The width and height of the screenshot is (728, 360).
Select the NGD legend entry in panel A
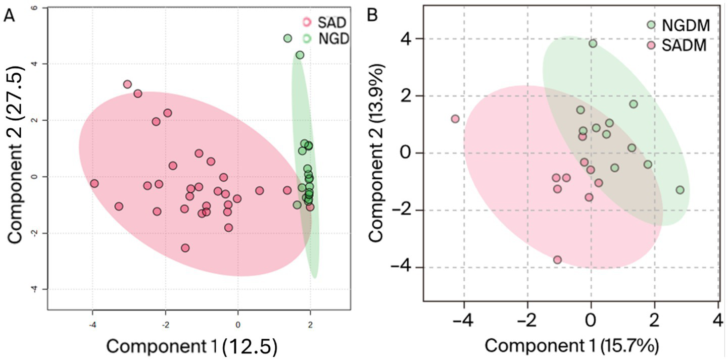click(326, 39)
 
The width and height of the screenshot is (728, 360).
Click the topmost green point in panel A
click(288, 38)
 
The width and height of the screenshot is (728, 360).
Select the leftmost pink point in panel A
click(94, 183)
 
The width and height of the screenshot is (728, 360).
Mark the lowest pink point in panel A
click(185, 248)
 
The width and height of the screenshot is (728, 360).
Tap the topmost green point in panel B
click(593, 43)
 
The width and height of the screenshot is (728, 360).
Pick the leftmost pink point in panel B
click(455, 119)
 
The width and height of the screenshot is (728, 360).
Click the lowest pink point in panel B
click(557, 260)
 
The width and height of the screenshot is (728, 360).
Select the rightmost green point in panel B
click(680, 190)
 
